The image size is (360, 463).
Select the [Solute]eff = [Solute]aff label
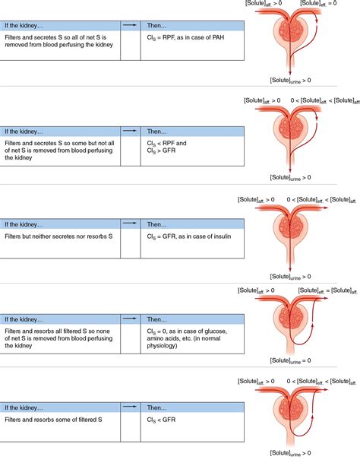[x=327, y=291]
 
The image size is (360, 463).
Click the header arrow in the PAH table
[x=129, y=25]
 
